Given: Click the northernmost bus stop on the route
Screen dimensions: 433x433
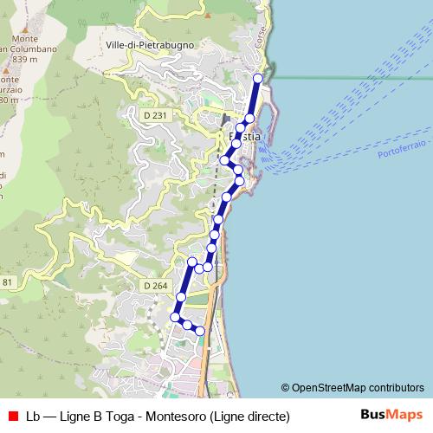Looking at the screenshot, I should coord(257,78).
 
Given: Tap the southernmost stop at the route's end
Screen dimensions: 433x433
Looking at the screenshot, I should coord(200,331).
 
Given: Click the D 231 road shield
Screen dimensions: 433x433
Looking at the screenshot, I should coord(156,113).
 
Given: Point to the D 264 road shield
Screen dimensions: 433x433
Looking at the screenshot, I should coord(156,286).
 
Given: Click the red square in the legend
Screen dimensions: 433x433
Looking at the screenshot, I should coord(12,416).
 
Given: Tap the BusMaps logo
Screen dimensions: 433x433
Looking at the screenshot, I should coord(391,415).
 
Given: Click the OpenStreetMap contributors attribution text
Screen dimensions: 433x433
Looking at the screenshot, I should coord(358,388).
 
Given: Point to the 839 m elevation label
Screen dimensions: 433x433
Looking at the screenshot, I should coord(26,59).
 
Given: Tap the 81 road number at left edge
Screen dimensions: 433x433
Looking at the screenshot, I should coord(7,282).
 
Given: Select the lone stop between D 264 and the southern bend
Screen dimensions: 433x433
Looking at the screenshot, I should coord(181,297).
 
